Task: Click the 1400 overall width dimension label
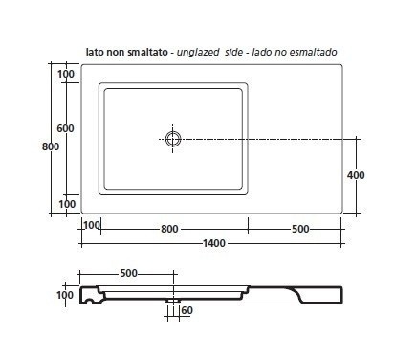point(214,243)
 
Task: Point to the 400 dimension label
point(356,175)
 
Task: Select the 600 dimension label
point(65,128)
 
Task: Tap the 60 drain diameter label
point(187,310)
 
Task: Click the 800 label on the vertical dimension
point(51,146)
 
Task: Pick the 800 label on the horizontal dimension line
point(169,229)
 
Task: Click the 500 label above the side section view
point(128,273)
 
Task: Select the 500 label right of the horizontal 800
point(300,229)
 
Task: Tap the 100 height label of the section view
point(65,295)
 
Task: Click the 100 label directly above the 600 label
point(66,74)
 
